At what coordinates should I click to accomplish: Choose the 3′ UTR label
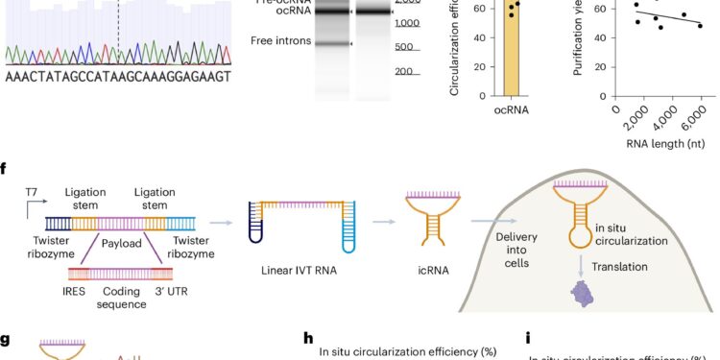179,290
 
